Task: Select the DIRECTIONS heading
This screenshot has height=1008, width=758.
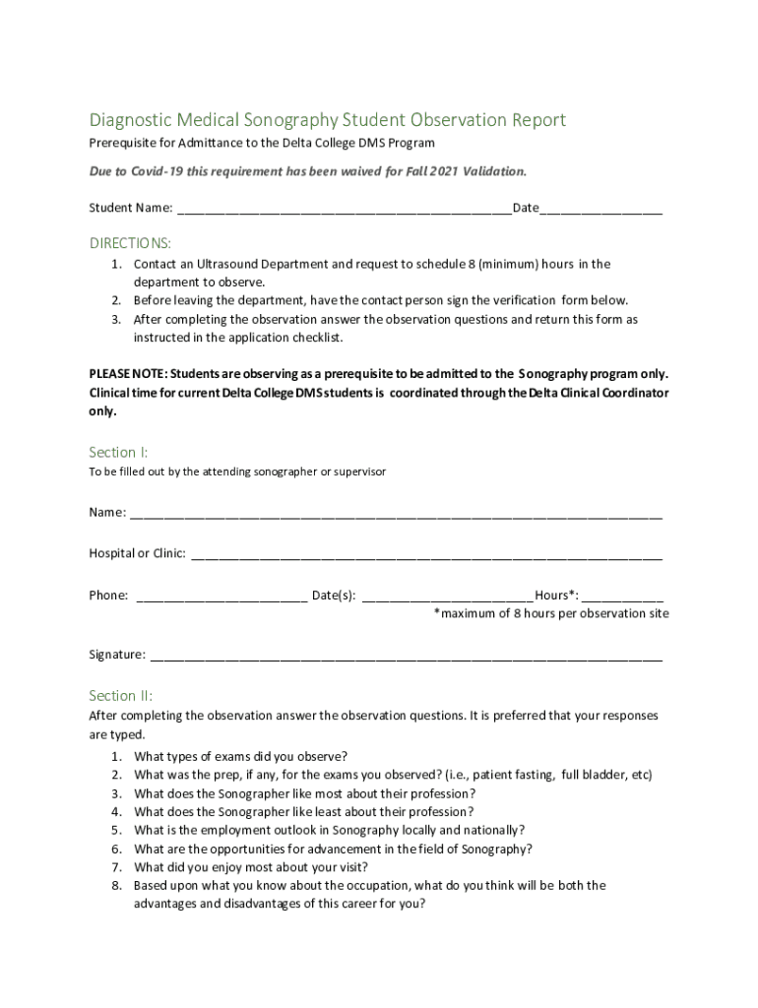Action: [130, 242]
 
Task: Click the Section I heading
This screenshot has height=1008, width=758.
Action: [119, 452]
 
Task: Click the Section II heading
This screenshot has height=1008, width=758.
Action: [121, 695]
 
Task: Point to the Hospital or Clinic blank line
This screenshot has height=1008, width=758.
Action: [426, 554]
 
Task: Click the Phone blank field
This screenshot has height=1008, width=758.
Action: [221, 596]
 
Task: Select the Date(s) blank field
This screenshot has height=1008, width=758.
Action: [448, 596]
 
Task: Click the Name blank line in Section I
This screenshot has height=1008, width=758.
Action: [396, 513]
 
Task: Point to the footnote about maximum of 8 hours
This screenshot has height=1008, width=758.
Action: [551, 613]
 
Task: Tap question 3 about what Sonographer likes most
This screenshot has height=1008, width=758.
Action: [304, 793]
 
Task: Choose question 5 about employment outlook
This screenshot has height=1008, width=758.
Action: [329, 830]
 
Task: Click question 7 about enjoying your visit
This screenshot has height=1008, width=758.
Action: [251, 867]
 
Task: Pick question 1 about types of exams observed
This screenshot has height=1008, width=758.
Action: [240, 756]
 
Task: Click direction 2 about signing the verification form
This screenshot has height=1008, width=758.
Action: [380, 300]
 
